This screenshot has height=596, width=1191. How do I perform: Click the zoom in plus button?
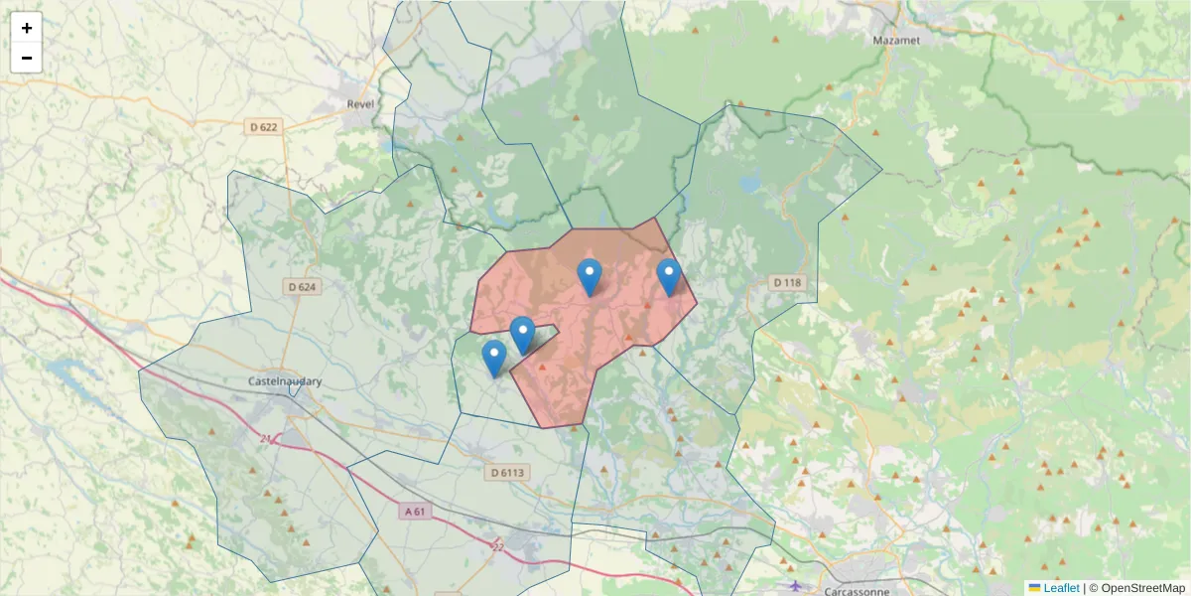click(x=27, y=28)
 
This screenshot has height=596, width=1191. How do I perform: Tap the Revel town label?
click(x=359, y=103)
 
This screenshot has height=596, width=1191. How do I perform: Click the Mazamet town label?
click(x=895, y=41)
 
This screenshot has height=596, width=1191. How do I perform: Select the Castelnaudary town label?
click(x=285, y=380)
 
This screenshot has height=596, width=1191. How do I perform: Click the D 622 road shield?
click(x=264, y=126)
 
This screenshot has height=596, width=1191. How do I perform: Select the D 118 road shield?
click(x=786, y=283)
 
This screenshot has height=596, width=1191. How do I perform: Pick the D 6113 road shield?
click(x=507, y=473)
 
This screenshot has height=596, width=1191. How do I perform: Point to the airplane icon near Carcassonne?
click(x=794, y=585)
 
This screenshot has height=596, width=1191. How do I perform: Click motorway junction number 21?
click(x=265, y=438)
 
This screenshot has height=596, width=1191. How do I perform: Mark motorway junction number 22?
click(x=498, y=545)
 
